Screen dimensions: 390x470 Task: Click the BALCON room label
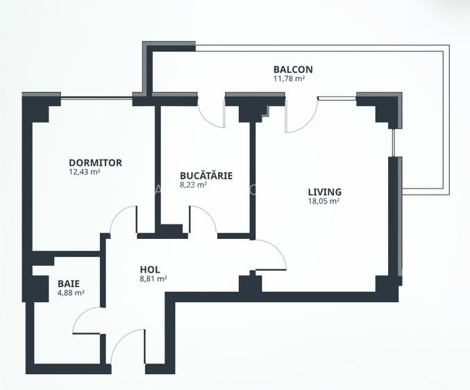(292, 69)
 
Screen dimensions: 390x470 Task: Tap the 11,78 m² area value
(289, 79)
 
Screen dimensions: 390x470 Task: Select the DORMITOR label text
(95, 163)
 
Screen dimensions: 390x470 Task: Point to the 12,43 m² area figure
(85, 172)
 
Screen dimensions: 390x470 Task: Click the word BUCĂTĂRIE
(205, 175)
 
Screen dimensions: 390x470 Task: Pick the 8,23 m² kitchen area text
(193, 185)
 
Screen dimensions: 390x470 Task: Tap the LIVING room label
(325, 192)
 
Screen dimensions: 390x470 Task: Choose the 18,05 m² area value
(324, 202)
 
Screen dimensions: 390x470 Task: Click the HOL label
(150, 269)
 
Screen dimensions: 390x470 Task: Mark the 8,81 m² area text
(153, 279)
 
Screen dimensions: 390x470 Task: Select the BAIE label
(68, 283)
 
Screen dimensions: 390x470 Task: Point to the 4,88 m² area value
(70, 293)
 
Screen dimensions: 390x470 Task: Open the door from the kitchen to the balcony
(212, 111)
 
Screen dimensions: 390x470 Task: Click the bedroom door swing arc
(123, 220)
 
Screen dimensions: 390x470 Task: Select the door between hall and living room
(271, 255)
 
